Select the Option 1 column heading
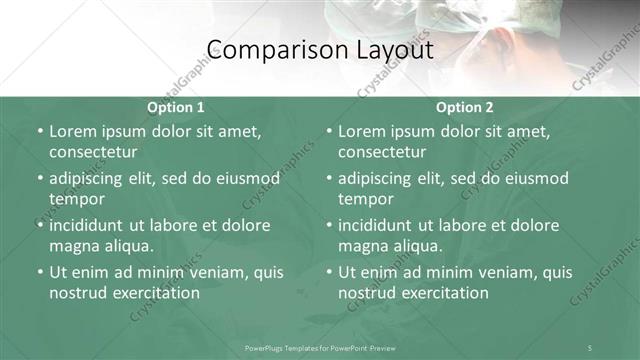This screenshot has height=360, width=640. (175, 107)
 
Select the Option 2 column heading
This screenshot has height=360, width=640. (464, 107)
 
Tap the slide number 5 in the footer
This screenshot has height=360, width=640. (589, 347)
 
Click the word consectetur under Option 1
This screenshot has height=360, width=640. (93, 152)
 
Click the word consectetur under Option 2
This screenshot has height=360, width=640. (382, 152)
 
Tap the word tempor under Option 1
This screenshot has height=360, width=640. (77, 199)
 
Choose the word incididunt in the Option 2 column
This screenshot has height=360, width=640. (380, 225)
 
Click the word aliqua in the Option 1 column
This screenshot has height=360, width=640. (128, 246)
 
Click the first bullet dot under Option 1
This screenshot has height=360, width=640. (39, 131)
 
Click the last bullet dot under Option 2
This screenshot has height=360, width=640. (328, 272)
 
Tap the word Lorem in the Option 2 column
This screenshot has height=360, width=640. (362, 131)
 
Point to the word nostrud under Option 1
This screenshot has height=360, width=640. (79, 293)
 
